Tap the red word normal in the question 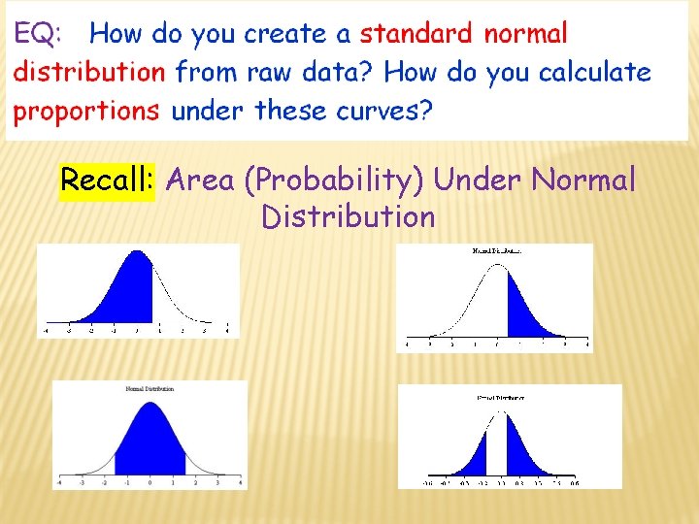pos(526,34)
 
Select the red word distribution pos(89,72)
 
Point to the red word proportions pos(86,111)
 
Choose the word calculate pos(594,72)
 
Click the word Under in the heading pos(479,180)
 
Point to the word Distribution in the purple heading pos(348,216)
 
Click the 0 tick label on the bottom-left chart pos(150,482)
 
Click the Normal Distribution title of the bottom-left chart pos(150,389)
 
